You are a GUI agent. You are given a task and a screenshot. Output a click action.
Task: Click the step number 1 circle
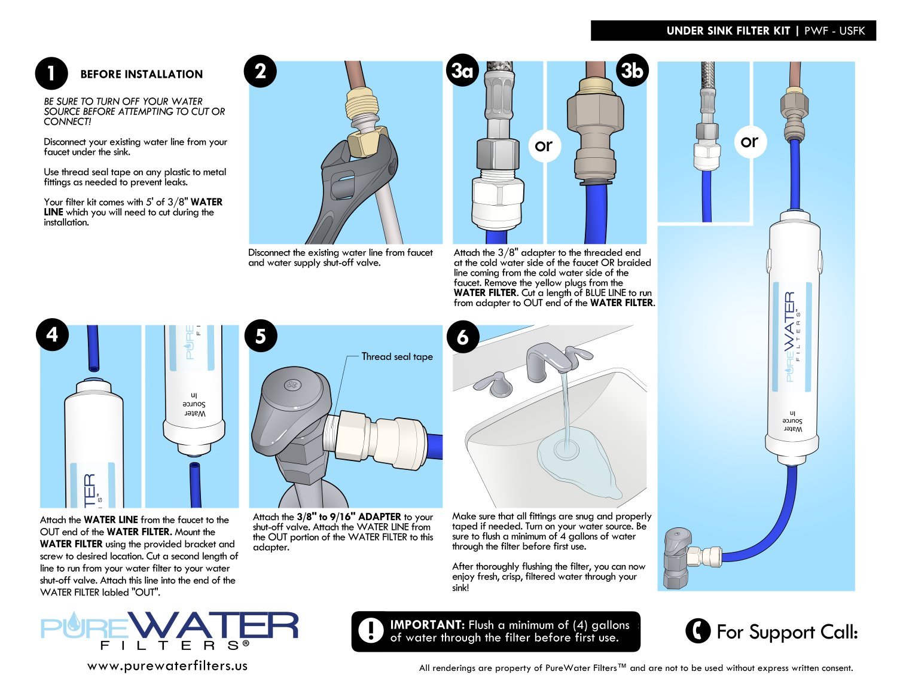click(51, 74)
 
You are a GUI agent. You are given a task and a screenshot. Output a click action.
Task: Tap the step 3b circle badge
click(632, 71)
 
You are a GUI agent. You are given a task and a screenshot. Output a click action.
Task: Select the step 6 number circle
click(462, 337)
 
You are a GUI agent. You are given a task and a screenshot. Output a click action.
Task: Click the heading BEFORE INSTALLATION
click(141, 74)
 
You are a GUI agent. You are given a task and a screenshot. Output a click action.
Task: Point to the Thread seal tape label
click(397, 357)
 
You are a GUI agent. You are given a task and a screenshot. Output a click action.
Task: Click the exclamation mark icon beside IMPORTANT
click(371, 631)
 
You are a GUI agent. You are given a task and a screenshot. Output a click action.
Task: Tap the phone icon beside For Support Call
click(697, 631)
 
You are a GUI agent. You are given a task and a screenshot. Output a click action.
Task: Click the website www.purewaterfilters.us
click(167, 665)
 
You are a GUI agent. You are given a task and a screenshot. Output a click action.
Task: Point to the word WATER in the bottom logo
click(213, 626)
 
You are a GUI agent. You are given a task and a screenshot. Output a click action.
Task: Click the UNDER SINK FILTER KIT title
click(728, 31)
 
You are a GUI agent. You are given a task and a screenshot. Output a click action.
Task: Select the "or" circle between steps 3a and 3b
click(544, 145)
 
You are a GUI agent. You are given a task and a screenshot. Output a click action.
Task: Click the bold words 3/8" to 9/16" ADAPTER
click(349, 517)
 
